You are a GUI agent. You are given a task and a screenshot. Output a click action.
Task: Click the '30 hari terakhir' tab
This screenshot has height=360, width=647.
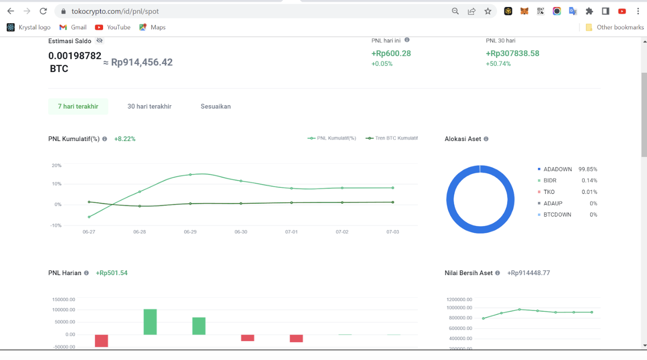tap(149, 106)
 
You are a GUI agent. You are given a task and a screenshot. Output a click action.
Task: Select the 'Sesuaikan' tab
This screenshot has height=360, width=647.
tap(215, 106)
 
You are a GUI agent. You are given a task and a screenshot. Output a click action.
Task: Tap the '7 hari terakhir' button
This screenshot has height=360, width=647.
tap(78, 106)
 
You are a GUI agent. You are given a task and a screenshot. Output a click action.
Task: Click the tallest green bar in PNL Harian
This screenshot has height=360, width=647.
tap(150, 321)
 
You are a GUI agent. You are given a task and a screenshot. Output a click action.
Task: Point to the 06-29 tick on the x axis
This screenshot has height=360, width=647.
tap(190, 231)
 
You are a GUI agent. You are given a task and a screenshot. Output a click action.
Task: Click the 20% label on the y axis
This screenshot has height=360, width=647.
tap(57, 166)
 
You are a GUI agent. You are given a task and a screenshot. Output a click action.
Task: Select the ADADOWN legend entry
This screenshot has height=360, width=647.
tap(557, 169)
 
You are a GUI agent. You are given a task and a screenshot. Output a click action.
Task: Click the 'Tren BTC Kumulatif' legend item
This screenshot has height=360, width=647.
tap(392, 138)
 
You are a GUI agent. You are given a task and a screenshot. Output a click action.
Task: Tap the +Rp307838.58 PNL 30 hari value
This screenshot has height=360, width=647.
tap(512, 53)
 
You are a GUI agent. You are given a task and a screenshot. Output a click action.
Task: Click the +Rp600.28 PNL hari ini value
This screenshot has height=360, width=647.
tap(391, 53)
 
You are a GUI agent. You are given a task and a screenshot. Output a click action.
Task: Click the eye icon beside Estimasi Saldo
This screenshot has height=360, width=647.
tap(99, 41)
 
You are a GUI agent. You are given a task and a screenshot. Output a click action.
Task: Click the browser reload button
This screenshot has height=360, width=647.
tap(43, 11)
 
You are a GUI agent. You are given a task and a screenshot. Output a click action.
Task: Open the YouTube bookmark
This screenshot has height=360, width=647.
tap(113, 27)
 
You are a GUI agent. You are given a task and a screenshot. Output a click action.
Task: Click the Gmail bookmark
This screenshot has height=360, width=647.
tap(73, 27)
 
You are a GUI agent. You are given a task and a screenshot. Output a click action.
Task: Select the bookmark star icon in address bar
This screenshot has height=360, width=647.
tap(488, 11)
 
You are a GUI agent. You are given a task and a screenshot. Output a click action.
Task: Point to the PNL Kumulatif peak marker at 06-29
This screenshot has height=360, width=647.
tap(190, 175)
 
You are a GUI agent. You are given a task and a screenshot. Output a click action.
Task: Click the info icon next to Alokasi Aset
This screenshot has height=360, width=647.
tap(486, 139)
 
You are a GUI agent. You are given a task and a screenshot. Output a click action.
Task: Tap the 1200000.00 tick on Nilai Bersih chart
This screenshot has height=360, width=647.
tap(459, 299)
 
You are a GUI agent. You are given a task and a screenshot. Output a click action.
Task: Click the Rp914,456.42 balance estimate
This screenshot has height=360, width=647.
tap(142, 62)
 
